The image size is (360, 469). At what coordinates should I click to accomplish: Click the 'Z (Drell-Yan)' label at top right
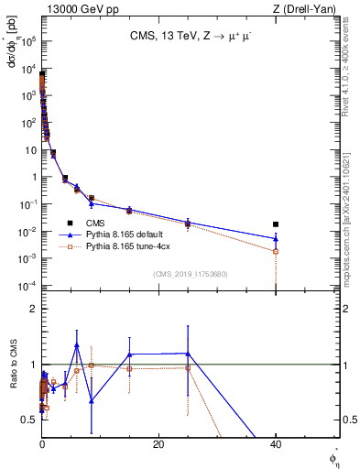[309, 8]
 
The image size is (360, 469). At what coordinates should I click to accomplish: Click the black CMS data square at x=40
[276, 224]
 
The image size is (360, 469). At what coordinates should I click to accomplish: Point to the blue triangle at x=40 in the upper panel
[276, 239]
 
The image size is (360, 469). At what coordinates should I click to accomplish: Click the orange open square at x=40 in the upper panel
[276, 251]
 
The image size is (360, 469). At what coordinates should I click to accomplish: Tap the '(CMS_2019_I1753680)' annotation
[190, 274]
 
